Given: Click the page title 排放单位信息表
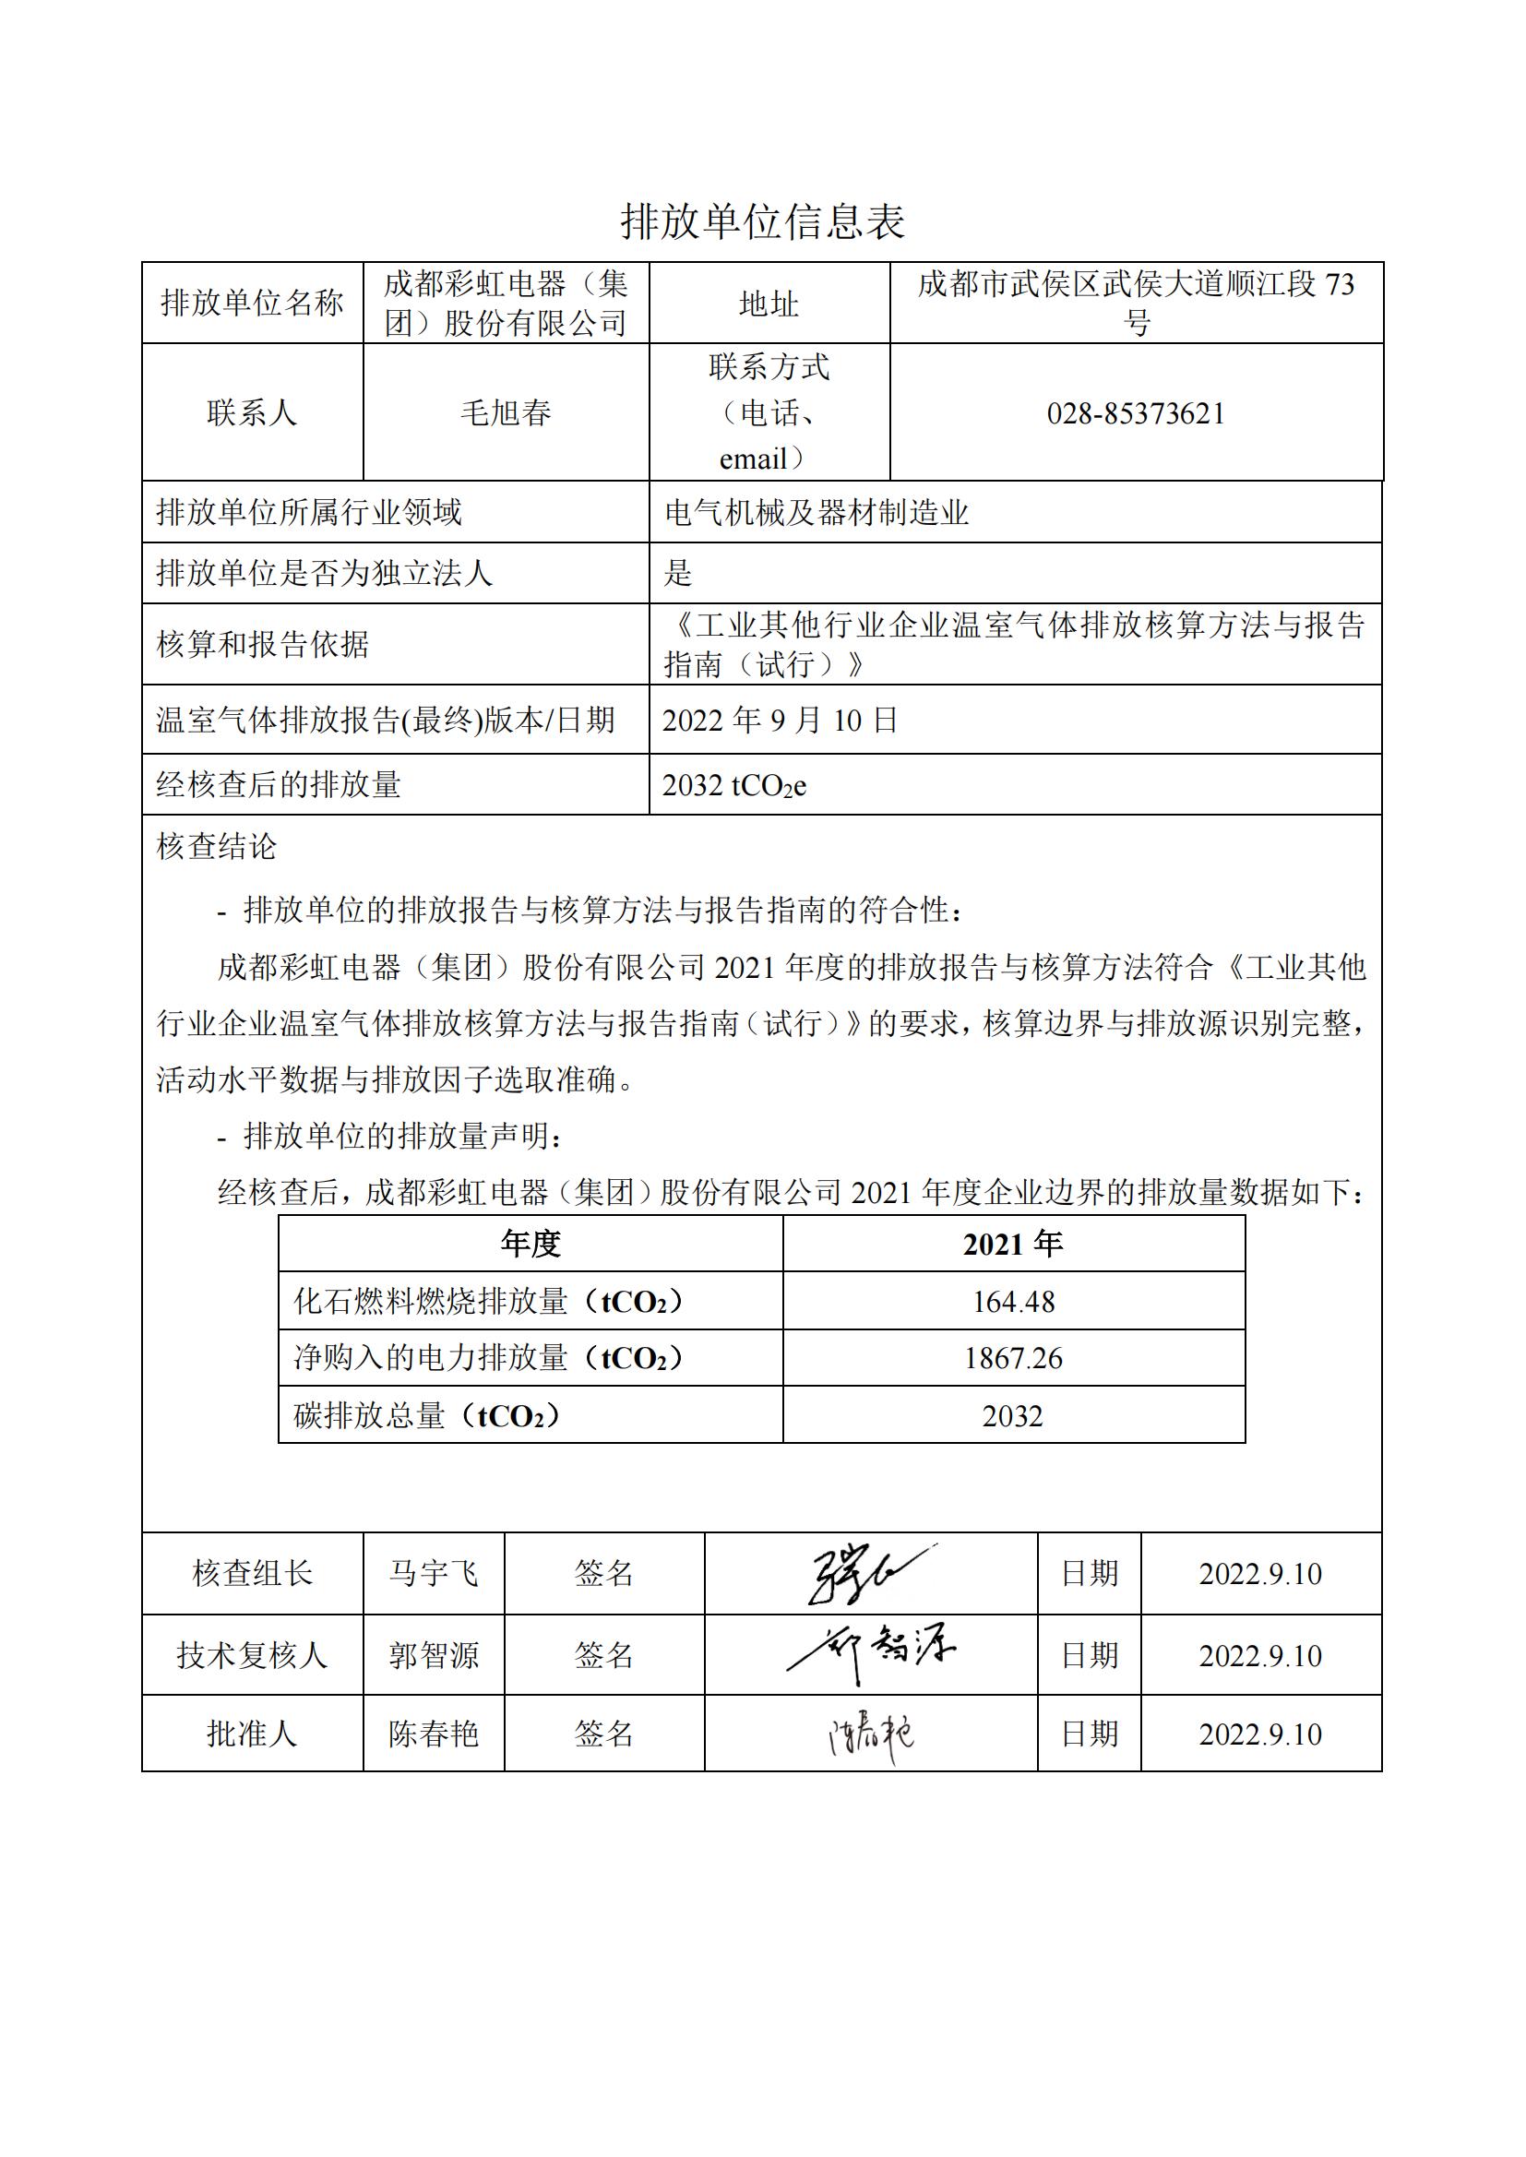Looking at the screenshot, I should tap(762, 222).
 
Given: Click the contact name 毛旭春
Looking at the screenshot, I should tap(506, 412).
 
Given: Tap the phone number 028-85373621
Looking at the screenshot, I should tap(1136, 413).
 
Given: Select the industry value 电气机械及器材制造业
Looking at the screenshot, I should tap(816, 512).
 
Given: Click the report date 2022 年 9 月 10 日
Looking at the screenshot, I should tap(779, 721).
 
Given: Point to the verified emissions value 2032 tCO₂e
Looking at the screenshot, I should tap(733, 785).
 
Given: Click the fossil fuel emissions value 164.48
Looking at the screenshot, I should tap(1013, 1301).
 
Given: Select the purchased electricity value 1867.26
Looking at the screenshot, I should tap(1013, 1357).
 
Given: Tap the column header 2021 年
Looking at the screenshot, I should tap(1013, 1244).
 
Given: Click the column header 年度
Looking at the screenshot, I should tap(530, 1244).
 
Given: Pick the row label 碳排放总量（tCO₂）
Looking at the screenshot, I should tap(428, 1415).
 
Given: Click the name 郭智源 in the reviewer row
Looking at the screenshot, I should tap(434, 1654).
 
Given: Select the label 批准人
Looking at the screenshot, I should tap(252, 1734).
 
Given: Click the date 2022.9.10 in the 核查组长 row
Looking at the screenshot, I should tap(1260, 1574).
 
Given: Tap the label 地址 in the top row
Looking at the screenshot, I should tap(769, 304).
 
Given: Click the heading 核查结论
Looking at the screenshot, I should tap(216, 846).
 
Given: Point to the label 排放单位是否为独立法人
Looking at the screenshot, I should tap(324, 573).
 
